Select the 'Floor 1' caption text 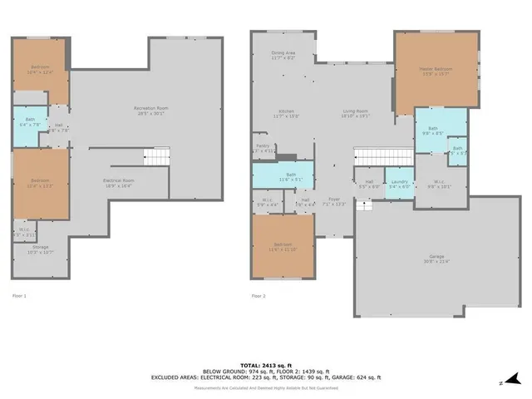(18, 295)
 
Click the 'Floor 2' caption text (259, 295)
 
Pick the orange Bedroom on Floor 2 (283, 246)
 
